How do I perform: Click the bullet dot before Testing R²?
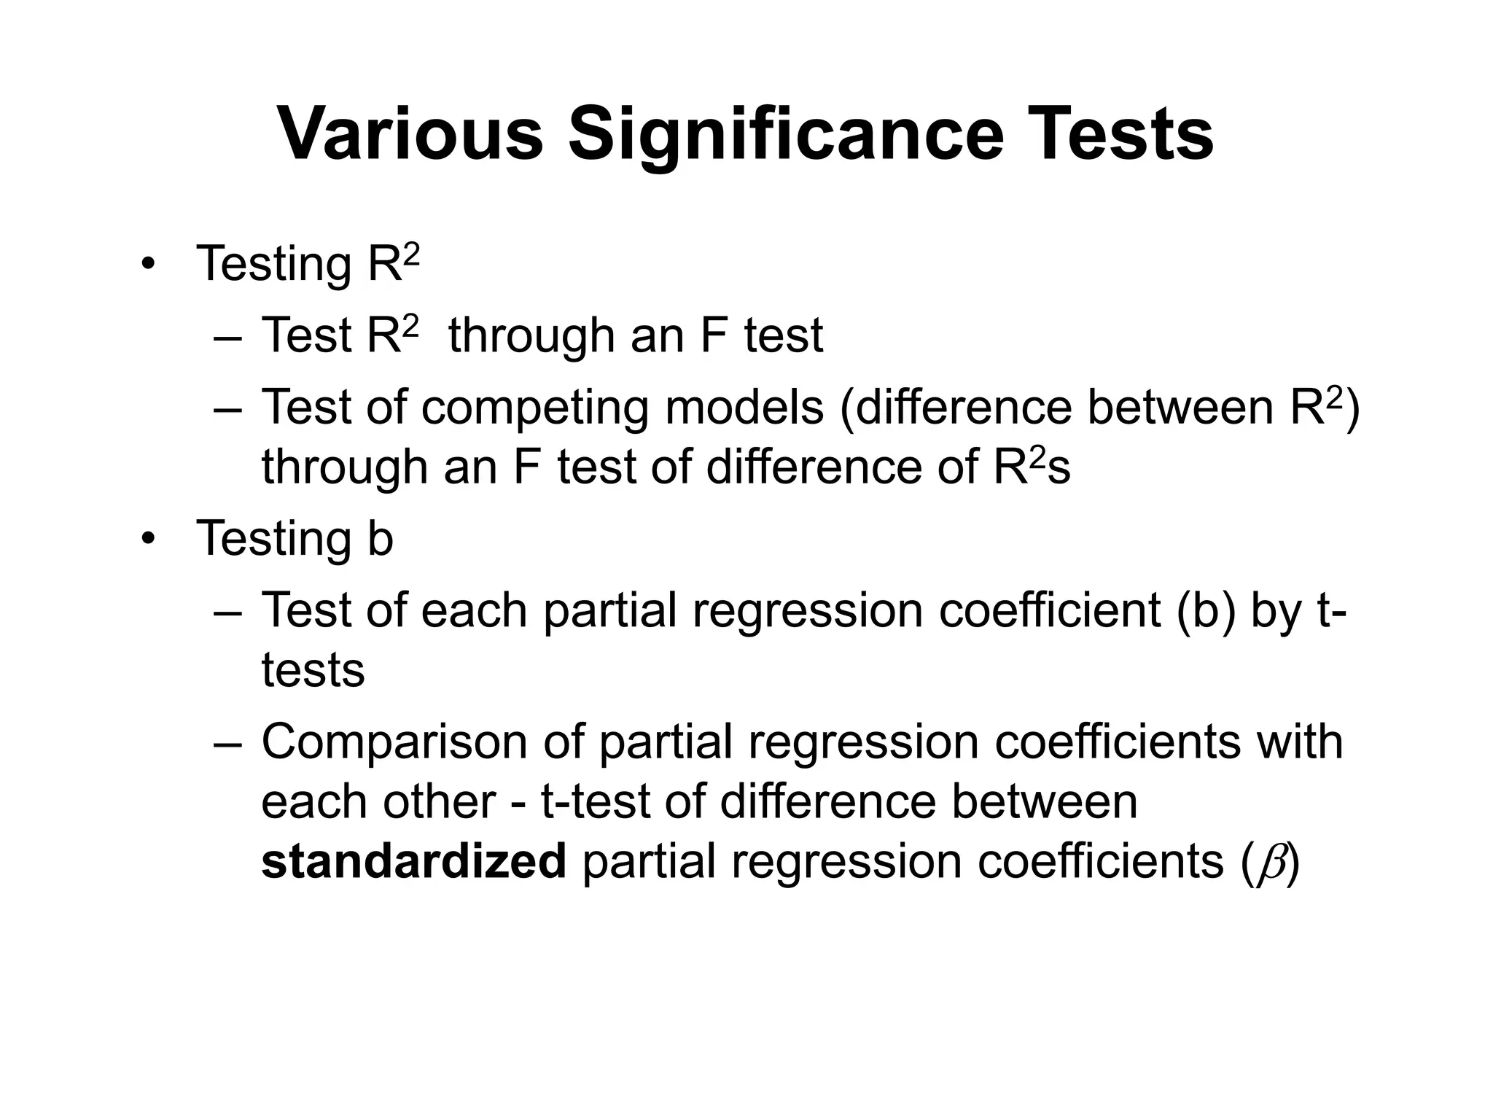click(x=149, y=264)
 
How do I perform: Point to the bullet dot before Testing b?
click(x=149, y=540)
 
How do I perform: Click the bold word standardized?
click(x=413, y=860)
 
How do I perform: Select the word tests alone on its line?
click(x=313, y=670)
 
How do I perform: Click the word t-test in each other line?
click(x=594, y=801)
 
